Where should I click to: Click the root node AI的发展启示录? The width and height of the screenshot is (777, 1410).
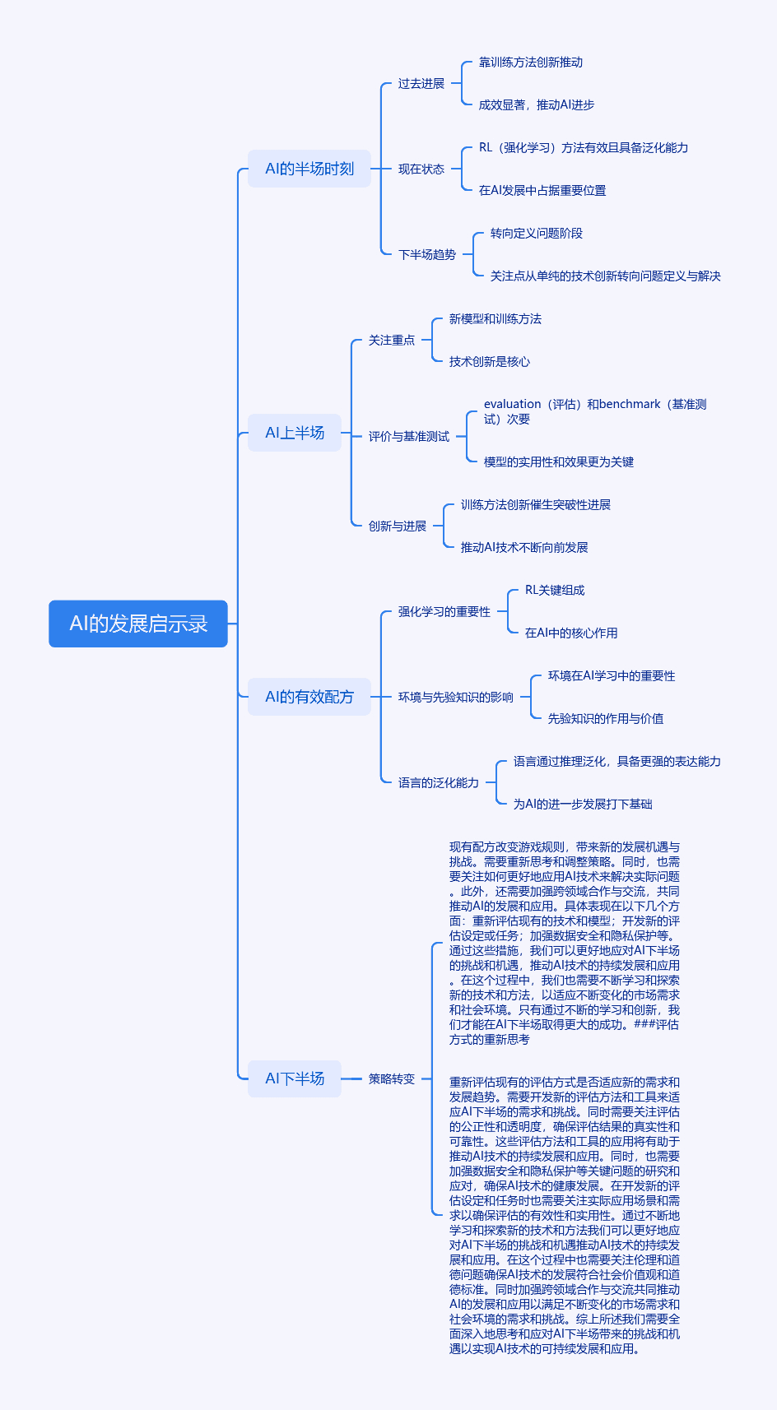(138, 624)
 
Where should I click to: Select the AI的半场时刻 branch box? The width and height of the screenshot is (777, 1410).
(309, 169)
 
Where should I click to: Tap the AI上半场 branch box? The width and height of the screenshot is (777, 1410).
(295, 433)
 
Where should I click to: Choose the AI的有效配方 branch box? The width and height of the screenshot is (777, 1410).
(309, 697)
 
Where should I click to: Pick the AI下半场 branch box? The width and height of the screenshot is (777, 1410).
(295, 1078)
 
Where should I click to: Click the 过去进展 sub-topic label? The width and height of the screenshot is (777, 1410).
(421, 83)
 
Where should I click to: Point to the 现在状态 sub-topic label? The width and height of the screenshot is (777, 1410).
(421, 169)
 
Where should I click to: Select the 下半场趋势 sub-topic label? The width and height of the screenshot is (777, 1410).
(427, 254)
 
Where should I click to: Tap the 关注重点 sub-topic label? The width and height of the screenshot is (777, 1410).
(392, 340)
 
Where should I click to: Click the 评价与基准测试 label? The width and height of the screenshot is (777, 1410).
(408, 436)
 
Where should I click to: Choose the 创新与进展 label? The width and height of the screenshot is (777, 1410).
(398, 526)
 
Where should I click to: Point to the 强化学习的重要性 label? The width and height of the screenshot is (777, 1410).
(444, 611)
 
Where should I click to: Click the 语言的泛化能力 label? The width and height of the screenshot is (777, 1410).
(438, 782)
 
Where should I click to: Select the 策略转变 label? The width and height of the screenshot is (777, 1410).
(392, 1078)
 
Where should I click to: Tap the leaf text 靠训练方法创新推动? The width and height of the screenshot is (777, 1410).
(531, 62)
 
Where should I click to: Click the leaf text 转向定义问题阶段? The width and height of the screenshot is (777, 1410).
(537, 233)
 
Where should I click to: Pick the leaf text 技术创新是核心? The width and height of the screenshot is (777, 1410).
(489, 361)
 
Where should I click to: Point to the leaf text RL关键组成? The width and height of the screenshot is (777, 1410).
(555, 590)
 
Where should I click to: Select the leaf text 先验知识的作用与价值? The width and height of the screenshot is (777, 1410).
(605, 718)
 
